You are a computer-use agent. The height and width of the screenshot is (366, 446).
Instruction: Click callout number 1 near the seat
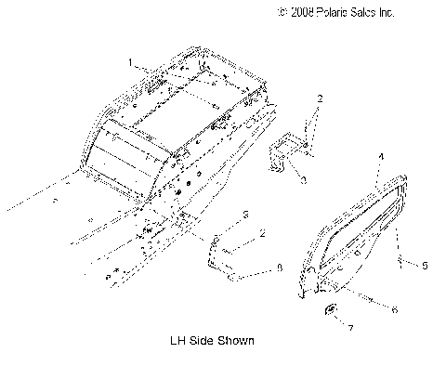coord(130,62)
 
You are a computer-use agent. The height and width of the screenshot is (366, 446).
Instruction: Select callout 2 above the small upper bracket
coord(320,98)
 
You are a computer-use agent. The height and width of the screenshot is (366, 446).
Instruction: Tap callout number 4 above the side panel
coord(381,157)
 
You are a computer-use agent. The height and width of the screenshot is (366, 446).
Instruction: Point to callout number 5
coord(425,266)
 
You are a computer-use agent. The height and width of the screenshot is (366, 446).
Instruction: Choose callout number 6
coord(394,309)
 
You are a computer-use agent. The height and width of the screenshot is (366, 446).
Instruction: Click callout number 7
coord(350,328)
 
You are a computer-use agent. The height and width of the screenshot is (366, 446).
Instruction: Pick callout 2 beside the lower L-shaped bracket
coord(263,233)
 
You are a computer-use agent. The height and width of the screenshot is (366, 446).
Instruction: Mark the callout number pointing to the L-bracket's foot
coord(280,268)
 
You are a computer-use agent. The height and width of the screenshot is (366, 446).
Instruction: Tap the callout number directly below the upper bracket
coord(304,180)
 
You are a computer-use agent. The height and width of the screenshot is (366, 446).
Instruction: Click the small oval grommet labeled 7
coord(331,309)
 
